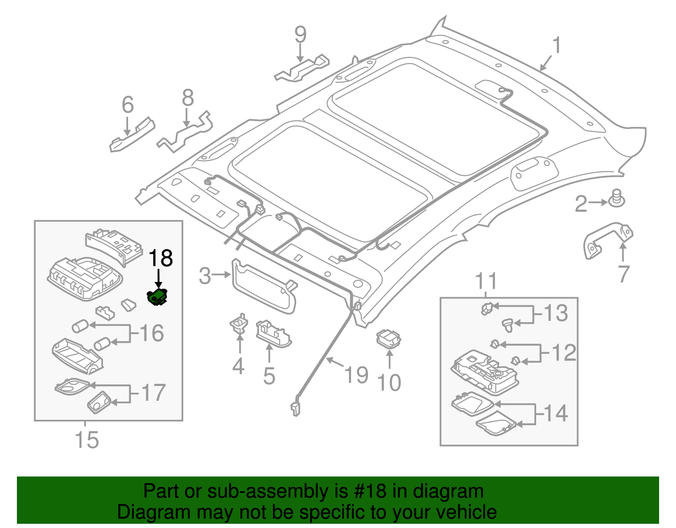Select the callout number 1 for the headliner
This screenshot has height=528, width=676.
(x=557, y=45)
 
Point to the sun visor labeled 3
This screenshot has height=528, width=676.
(x=264, y=287)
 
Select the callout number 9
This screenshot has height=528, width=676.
(x=300, y=35)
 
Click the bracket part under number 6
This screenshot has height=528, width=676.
(x=132, y=134)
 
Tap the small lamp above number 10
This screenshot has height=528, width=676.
(x=388, y=339)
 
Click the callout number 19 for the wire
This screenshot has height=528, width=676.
(x=356, y=375)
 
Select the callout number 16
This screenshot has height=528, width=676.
(x=151, y=333)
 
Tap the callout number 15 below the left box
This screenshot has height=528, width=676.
(x=87, y=440)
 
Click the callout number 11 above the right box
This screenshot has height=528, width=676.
(x=486, y=281)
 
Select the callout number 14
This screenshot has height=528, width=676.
(x=555, y=413)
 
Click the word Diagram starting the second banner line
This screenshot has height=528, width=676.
(x=142, y=512)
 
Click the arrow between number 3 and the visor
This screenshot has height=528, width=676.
(x=221, y=275)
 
